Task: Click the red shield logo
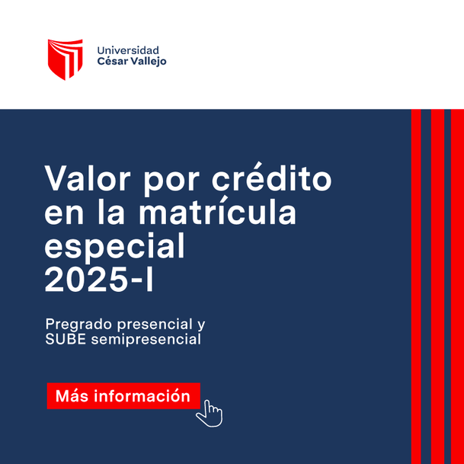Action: click(x=65, y=59)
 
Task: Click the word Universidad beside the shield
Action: click(x=128, y=50)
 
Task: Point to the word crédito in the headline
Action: click(x=272, y=177)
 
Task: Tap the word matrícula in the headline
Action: click(x=217, y=211)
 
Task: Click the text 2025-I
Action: click(x=99, y=280)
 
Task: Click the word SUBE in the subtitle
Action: click(x=66, y=339)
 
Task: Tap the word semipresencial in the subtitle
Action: click(x=146, y=340)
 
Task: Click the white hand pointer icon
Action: click(x=210, y=414)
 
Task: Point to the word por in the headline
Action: click(x=171, y=181)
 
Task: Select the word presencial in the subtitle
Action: click(x=155, y=325)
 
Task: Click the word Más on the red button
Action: click(x=72, y=395)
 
